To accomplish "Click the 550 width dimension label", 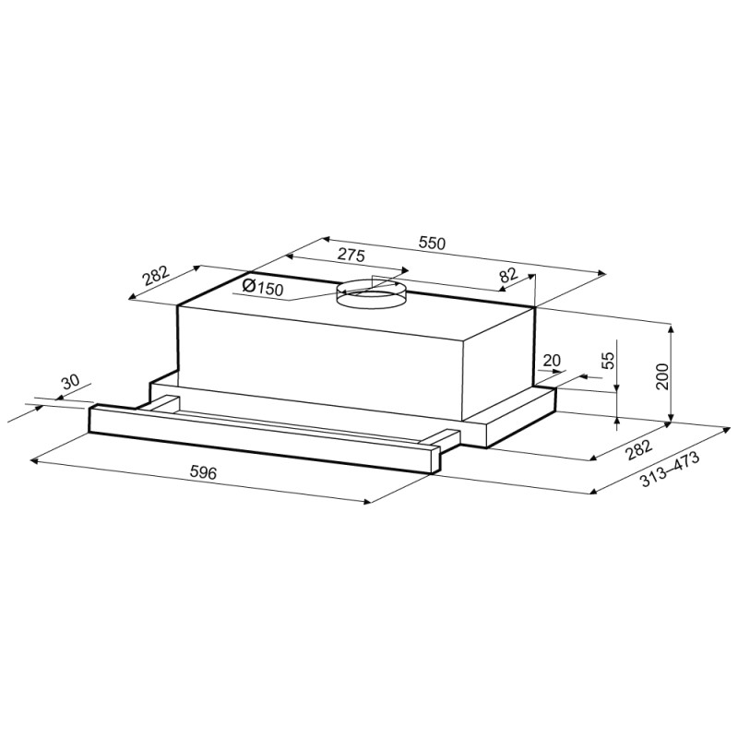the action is coord(431,243).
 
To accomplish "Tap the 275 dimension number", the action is coord(351,256).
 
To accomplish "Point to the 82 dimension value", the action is coord(508,274).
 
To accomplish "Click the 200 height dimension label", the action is coord(662,376).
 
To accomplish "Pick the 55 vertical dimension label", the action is coord(608,360).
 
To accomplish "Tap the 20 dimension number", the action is coord(552,361).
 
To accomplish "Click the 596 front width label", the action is coord(203,471).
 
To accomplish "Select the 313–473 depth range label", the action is coord(670,470).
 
